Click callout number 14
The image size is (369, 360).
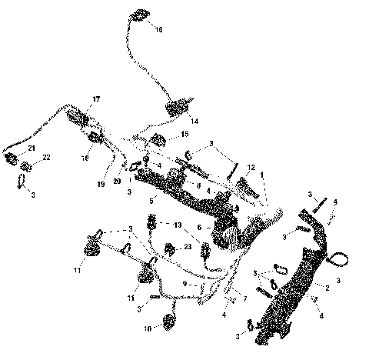coord(194,122)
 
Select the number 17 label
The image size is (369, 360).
coord(96,99)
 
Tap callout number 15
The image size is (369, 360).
coord(184,134)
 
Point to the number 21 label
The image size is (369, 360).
coord(31,147)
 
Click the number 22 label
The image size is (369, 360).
coord(46,157)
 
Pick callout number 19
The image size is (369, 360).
coord(101,185)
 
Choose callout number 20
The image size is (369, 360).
coord(117,180)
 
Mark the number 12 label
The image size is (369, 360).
coord(251,167)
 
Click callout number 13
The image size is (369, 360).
coord(178,226)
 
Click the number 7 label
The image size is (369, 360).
coord(244,297)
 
